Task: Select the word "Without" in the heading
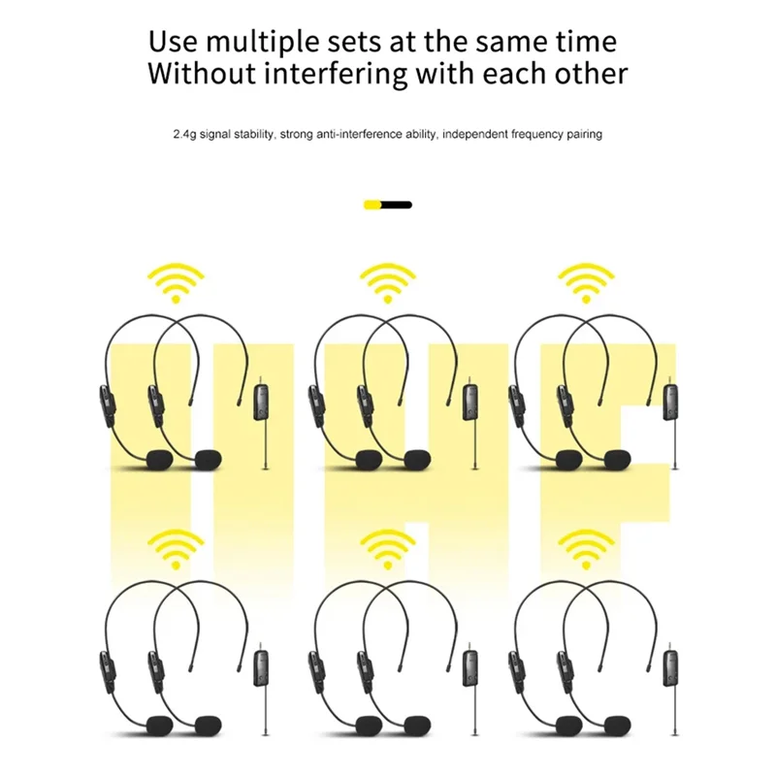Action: [202, 74]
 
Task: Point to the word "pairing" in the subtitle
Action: [585, 134]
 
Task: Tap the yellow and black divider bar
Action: [387, 205]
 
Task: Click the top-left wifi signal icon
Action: [176, 283]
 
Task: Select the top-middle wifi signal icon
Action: [387, 283]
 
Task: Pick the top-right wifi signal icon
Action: [586, 283]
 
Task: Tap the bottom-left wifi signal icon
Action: [176, 549]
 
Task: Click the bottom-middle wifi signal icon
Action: [387, 549]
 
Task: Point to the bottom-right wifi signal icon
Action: [586, 549]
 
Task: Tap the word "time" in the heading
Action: [586, 42]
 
